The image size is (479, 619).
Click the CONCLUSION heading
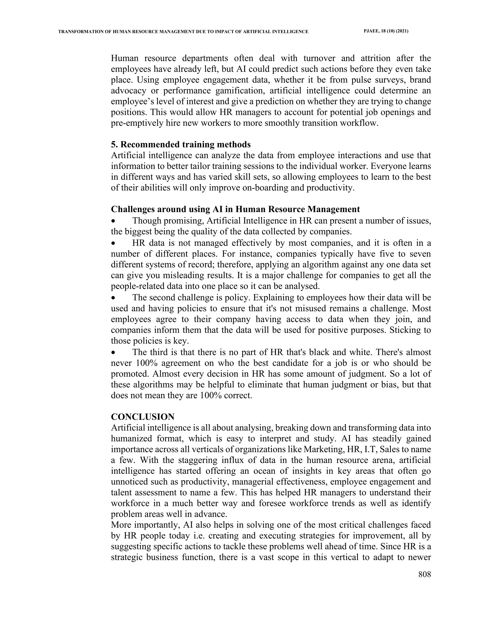coord(142,417)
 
